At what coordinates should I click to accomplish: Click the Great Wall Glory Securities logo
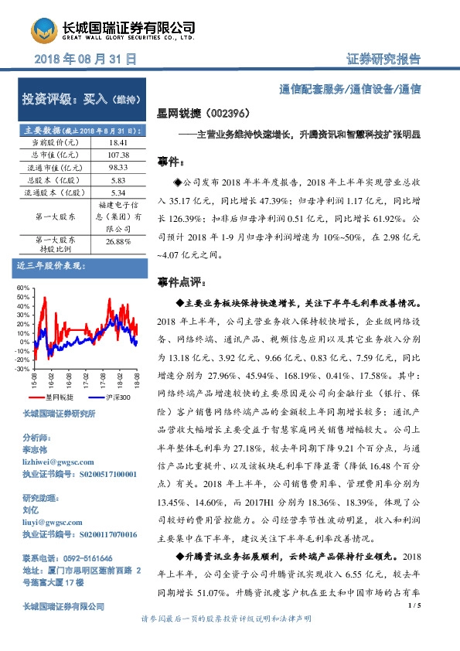[x=44, y=31]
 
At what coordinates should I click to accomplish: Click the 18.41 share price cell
[x=118, y=143]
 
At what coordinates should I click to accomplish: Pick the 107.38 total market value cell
[x=118, y=155]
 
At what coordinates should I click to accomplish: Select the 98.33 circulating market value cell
[x=118, y=167]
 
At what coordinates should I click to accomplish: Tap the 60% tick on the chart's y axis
[x=23, y=288]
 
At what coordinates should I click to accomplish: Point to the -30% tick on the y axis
[x=22, y=369]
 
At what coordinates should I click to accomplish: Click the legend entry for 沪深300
[x=118, y=397]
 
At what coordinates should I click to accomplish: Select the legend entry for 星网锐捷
[x=57, y=397]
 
